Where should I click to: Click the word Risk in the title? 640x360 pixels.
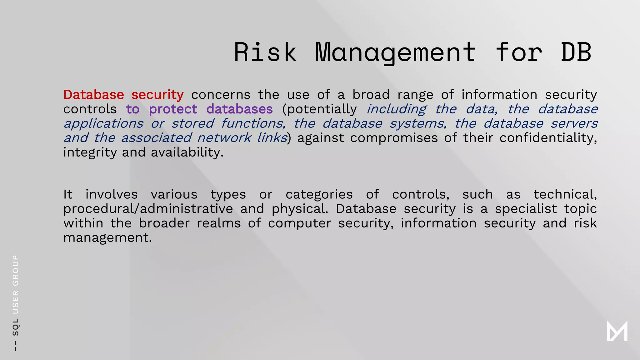(265, 52)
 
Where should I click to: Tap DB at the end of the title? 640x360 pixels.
(576, 52)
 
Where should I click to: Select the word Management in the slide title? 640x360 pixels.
(395, 52)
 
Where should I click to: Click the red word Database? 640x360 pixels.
(93, 95)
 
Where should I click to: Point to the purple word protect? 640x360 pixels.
(173, 109)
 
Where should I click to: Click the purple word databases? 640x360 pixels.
(239, 109)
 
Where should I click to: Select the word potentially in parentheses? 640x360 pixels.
(319, 109)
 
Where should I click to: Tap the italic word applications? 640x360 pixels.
(103, 124)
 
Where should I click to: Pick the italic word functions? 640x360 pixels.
(253, 123)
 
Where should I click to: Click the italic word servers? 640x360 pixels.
(574, 123)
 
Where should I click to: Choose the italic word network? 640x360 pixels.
(224, 138)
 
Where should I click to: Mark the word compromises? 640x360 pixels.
(394, 138)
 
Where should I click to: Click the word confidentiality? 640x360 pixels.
(548, 138)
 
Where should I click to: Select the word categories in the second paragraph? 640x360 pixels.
(319, 194)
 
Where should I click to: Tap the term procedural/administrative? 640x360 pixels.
(148, 209)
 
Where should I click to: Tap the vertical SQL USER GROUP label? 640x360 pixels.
(15, 303)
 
